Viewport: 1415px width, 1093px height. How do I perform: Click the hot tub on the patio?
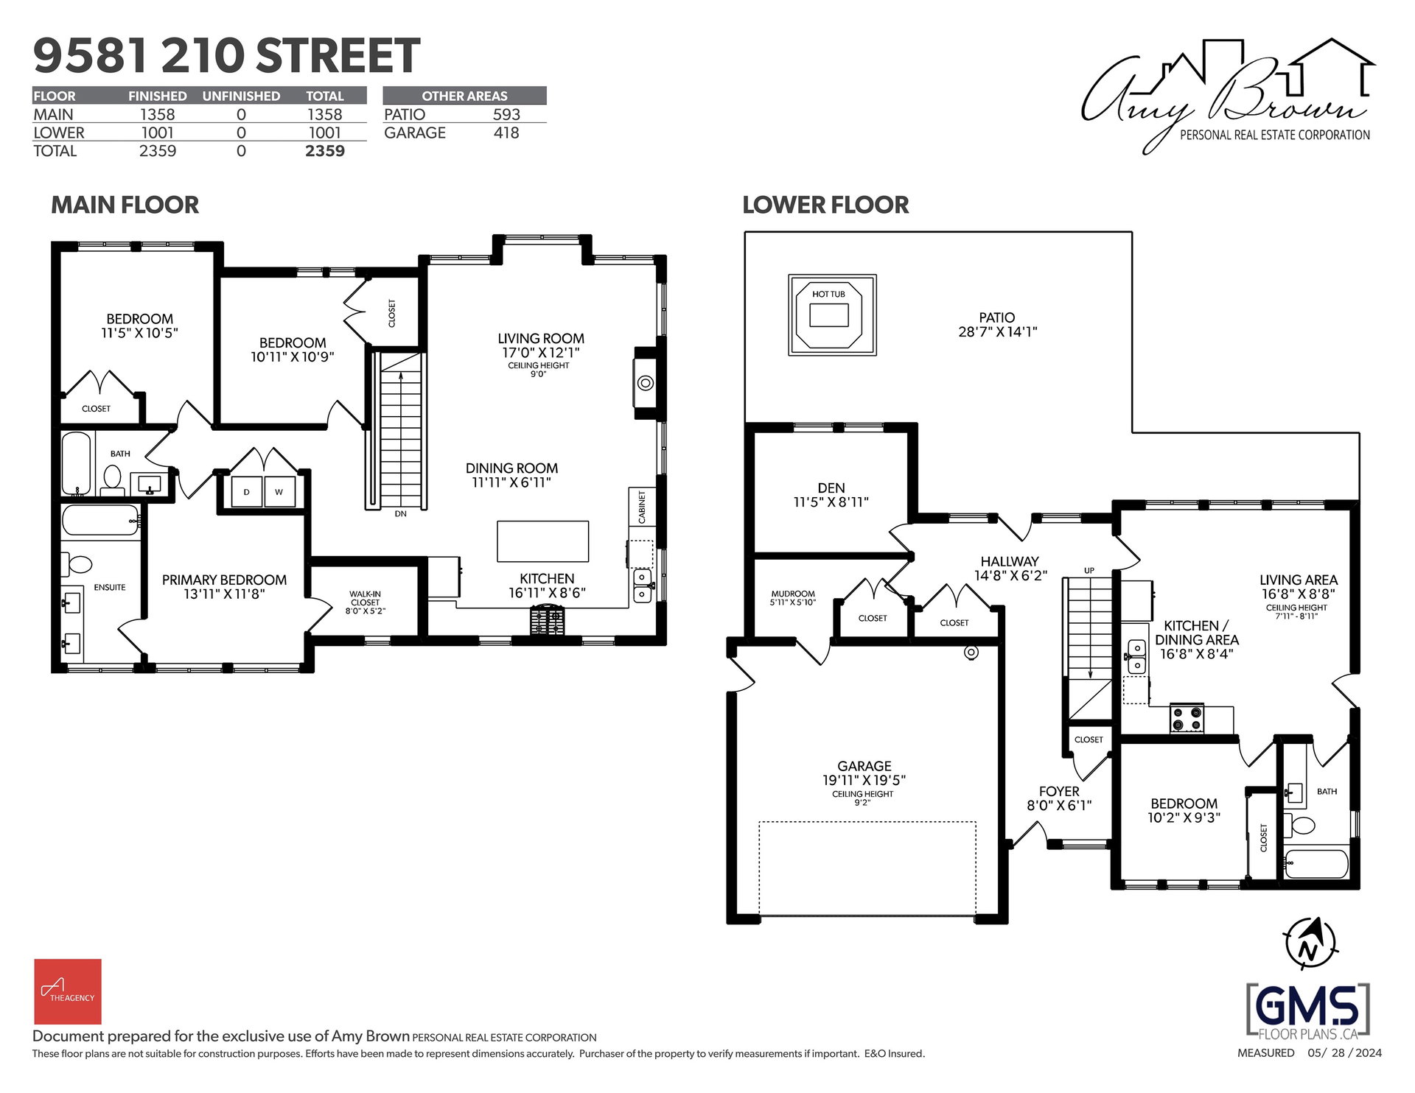tap(832, 315)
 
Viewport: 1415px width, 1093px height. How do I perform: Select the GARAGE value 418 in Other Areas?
tap(506, 133)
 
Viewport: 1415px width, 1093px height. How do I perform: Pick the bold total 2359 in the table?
tap(325, 151)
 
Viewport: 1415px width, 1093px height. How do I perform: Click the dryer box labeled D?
tap(247, 492)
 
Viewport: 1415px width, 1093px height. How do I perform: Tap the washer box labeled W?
tap(279, 492)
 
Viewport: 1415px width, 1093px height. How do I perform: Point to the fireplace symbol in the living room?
tap(645, 383)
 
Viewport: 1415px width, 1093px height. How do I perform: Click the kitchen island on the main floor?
tap(542, 541)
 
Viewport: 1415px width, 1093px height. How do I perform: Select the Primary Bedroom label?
tap(224, 587)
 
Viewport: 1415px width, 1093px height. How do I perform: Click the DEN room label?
tap(831, 488)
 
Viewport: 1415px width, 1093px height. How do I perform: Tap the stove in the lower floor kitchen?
tap(1187, 718)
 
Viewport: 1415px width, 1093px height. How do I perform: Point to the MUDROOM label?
tap(793, 594)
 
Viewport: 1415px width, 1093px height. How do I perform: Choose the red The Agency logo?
tap(68, 991)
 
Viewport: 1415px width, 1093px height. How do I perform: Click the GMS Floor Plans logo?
tap(1308, 1010)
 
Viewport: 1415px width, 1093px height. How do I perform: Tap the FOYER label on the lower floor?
tap(1059, 792)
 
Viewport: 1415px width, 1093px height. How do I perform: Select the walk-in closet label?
tap(366, 602)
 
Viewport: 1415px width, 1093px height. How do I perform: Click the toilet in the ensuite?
tap(77, 565)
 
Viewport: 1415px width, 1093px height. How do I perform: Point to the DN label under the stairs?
tap(400, 514)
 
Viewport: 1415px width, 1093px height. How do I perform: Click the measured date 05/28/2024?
tap(1345, 1053)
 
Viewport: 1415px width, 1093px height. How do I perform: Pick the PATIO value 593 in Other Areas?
tap(506, 115)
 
